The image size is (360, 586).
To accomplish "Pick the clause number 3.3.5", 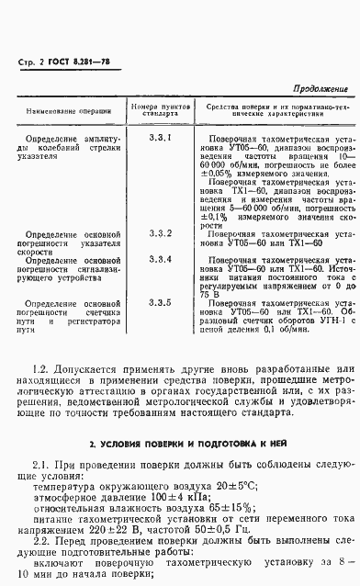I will [x=160, y=302].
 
